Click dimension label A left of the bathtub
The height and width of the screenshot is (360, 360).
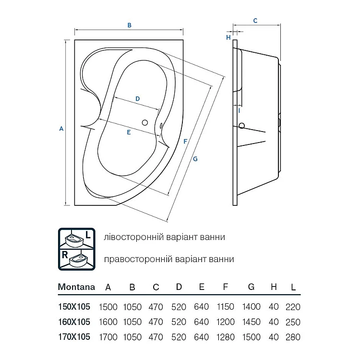(x=61, y=129)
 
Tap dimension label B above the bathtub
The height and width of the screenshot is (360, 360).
(x=129, y=25)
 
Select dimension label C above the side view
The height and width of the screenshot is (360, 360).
(x=255, y=21)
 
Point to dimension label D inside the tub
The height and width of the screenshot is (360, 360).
(x=137, y=99)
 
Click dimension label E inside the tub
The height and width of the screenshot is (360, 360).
(x=129, y=132)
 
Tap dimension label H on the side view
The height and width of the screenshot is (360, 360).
(x=228, y=37)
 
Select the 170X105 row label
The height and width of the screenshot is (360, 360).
(x=74, y=337)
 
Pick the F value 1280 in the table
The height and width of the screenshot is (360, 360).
(x=226, y=337)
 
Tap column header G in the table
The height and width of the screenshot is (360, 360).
(x=251, y=287)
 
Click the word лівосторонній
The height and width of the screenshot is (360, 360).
(x=130, y=237)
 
